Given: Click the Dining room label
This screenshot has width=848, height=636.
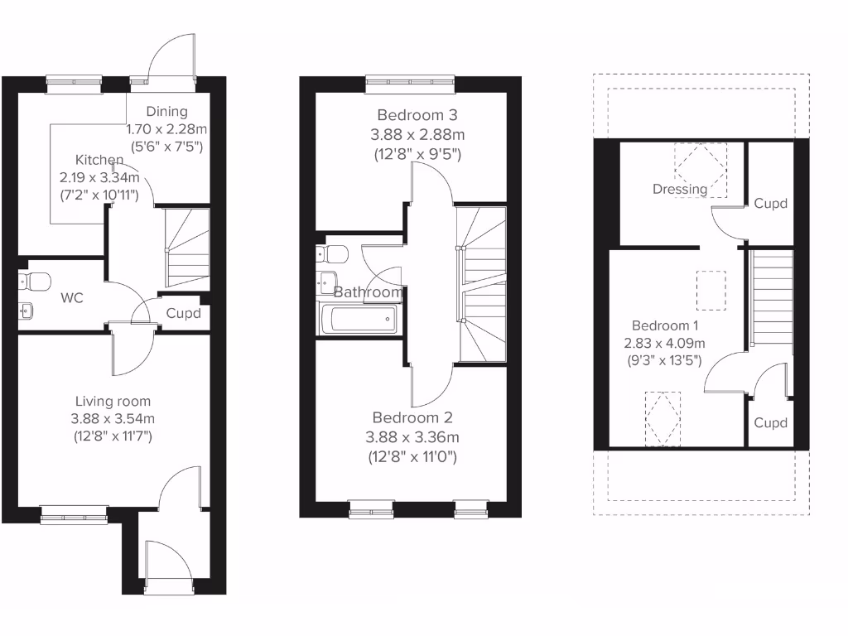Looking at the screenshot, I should click(167, 112).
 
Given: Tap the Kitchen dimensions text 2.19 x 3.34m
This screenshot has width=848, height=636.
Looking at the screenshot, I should click(99, 177).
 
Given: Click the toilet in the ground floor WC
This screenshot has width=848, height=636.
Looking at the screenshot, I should click(32, 282).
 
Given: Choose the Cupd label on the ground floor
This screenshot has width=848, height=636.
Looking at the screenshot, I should click(183, 314).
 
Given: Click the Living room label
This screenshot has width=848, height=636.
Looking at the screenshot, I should click(113, 402).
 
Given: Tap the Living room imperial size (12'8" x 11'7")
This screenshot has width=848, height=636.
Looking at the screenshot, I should click(113, 435).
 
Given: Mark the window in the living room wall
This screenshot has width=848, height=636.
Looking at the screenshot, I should click(74, 514).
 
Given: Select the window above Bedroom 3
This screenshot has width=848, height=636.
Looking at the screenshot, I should click(411, 80).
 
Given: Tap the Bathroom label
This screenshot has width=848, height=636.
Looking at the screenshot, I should click(369, 292).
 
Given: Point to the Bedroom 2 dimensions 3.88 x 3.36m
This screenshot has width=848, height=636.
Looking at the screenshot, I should click(413, 437).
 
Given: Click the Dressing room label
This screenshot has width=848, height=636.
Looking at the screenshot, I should click(680, 189).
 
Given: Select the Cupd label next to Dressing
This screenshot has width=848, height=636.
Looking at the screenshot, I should click(770, 203).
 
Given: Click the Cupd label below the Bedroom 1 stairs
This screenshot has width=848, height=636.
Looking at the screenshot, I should click(770, 423).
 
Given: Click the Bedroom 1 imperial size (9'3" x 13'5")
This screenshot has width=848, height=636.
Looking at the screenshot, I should click(665, 360).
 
